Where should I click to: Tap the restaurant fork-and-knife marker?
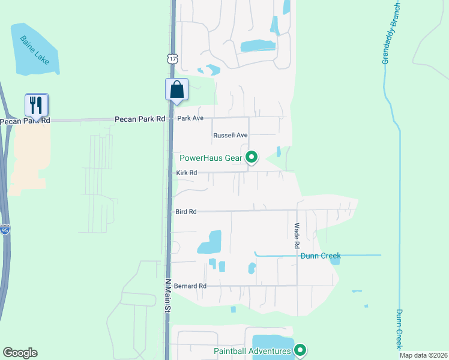coord(37,106)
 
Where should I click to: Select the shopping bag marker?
coord(176,90)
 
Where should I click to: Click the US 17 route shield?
coord(173,58)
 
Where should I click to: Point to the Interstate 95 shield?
coord(4,230)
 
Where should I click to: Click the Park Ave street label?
coord(191,119)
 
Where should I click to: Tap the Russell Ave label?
coord(231,136)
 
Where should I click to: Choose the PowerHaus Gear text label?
coord(211,158)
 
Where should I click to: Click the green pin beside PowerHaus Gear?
coord(252,158)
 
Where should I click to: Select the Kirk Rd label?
coord(187,173)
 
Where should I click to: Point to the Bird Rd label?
coord(187,212)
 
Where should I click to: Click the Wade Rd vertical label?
coord(297,236)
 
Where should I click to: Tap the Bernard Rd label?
coord(190,286)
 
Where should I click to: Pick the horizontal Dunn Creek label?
coord(321,256)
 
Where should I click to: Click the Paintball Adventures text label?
coord(253,350)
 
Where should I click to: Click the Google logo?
coord(20,353)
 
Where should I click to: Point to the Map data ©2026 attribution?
coord(423,356)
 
